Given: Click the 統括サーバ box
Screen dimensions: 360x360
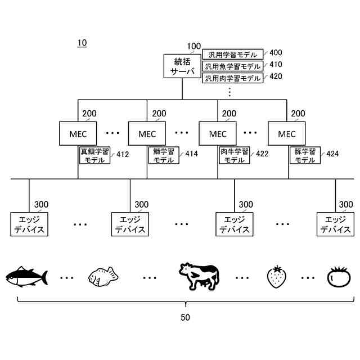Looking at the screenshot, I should (182, 66).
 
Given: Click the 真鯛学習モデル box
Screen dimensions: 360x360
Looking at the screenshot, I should (94, 155).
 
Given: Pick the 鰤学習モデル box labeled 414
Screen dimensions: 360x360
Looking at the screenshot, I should (164, 155).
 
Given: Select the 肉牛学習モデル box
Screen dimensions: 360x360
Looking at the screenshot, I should (234, 155).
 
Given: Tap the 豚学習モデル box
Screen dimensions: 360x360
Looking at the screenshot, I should (305, 155).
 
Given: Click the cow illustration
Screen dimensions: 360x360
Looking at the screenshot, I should (199, 276).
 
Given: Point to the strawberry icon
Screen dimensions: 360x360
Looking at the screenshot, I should (276, 277).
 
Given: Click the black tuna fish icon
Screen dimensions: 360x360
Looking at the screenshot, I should (26, 277).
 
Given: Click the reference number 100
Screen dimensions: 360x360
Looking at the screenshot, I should (193, 46).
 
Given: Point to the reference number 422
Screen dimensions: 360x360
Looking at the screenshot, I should (262, 154).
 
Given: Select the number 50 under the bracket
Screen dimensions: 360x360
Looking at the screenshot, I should (185, 317).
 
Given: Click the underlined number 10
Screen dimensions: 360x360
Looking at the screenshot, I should (82, 43).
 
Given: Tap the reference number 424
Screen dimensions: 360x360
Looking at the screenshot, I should (332, 154).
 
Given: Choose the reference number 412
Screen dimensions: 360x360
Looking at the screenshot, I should (123, 154).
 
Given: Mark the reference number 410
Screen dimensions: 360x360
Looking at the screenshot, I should (276, 65).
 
